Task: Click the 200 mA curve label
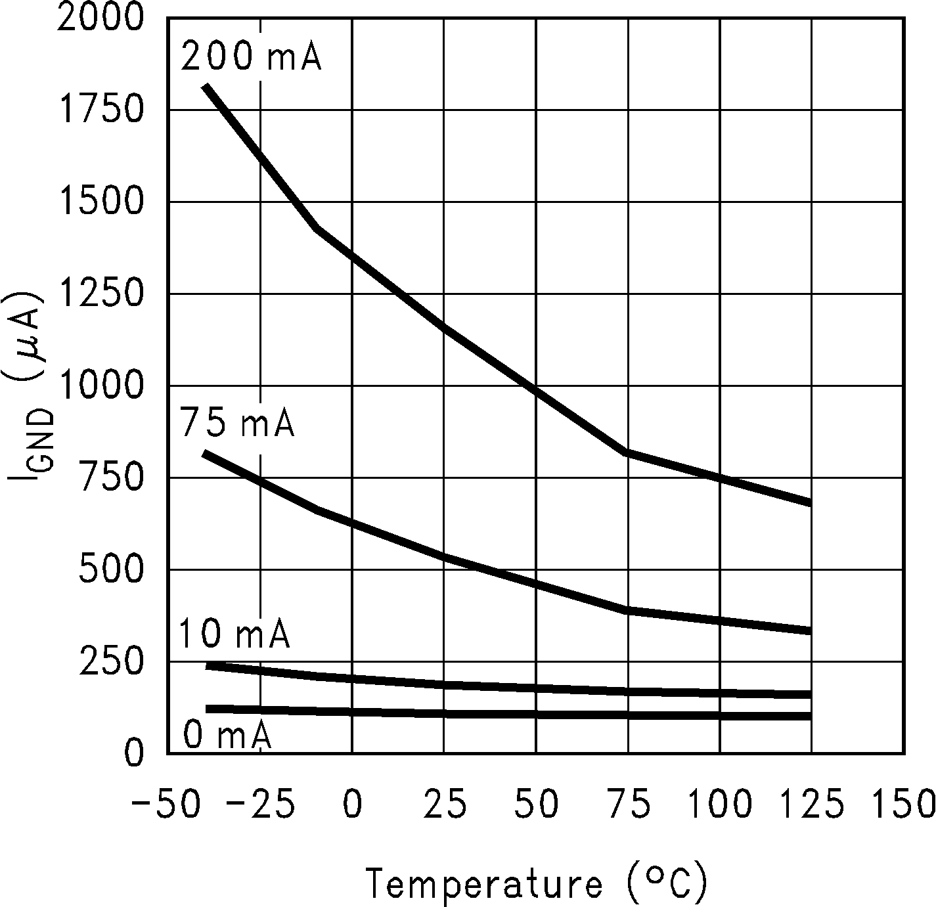pos(251,56)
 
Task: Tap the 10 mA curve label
pos(234,634)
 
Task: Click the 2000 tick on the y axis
pos(100,18)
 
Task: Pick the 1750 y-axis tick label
pos(100,110)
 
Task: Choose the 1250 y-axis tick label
pos(100,294)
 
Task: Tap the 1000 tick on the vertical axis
pos(100,386)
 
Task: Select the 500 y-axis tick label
pos(110,570)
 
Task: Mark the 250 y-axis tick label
pos(110,662)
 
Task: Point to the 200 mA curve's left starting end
pos(206,87)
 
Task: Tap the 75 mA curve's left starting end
pos(205,453)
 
